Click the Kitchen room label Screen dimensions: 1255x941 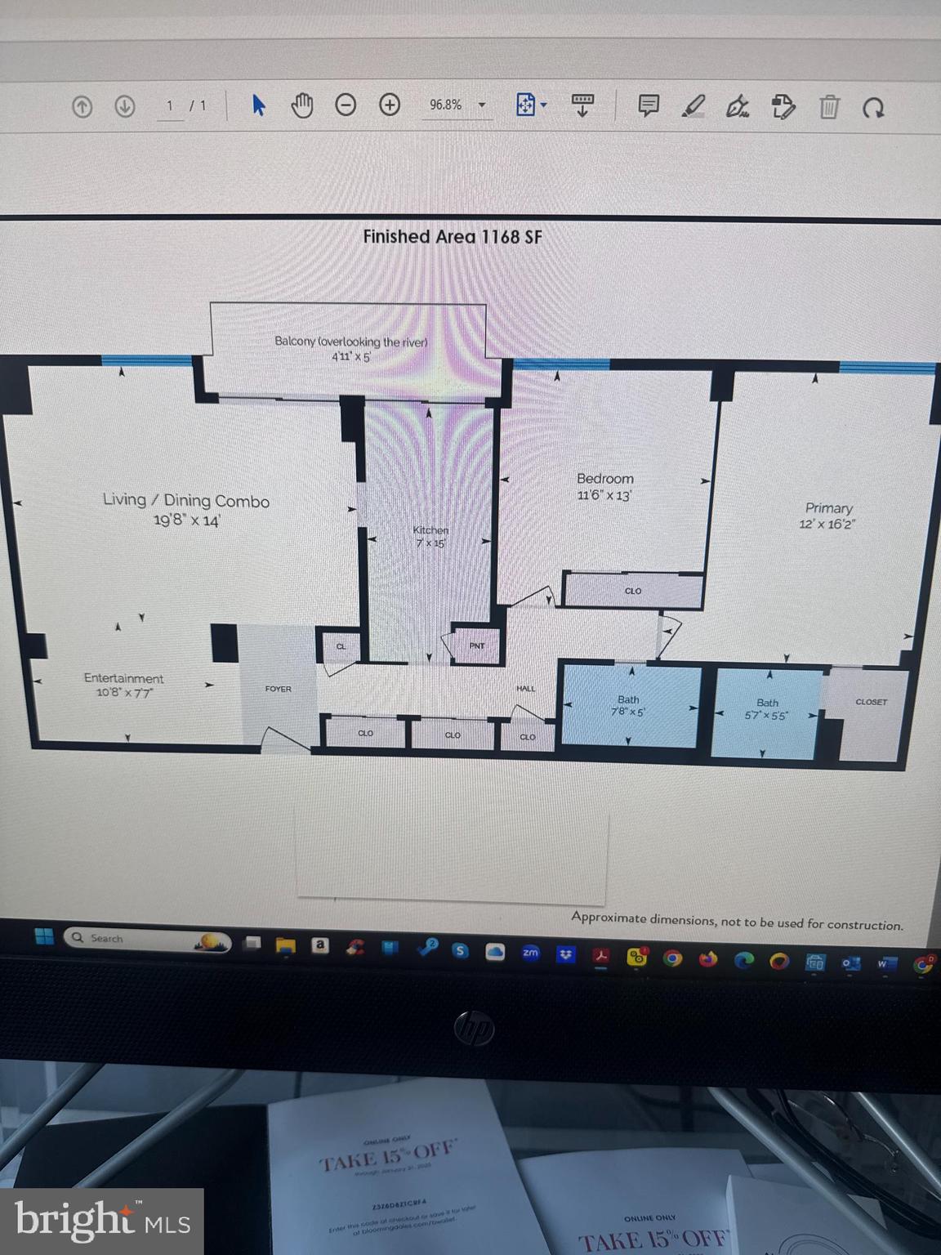430,530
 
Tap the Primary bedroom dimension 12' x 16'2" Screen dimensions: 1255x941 827,525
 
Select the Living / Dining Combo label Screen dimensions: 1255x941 186,500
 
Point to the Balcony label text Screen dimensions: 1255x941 350,342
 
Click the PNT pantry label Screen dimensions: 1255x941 477,645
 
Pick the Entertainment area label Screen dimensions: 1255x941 123,678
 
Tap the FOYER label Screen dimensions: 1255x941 278,689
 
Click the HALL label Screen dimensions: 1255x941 526,689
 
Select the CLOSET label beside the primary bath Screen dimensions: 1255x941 871,702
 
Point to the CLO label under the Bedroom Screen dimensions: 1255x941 633,591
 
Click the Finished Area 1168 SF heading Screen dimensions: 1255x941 453,237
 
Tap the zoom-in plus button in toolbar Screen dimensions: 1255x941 390,105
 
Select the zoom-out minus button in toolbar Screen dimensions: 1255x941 346,105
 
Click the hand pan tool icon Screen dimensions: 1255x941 302,105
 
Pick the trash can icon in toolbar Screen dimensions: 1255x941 829,107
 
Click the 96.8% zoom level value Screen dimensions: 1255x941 446,105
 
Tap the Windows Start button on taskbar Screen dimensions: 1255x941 44,936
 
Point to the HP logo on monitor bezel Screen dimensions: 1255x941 475,1027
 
